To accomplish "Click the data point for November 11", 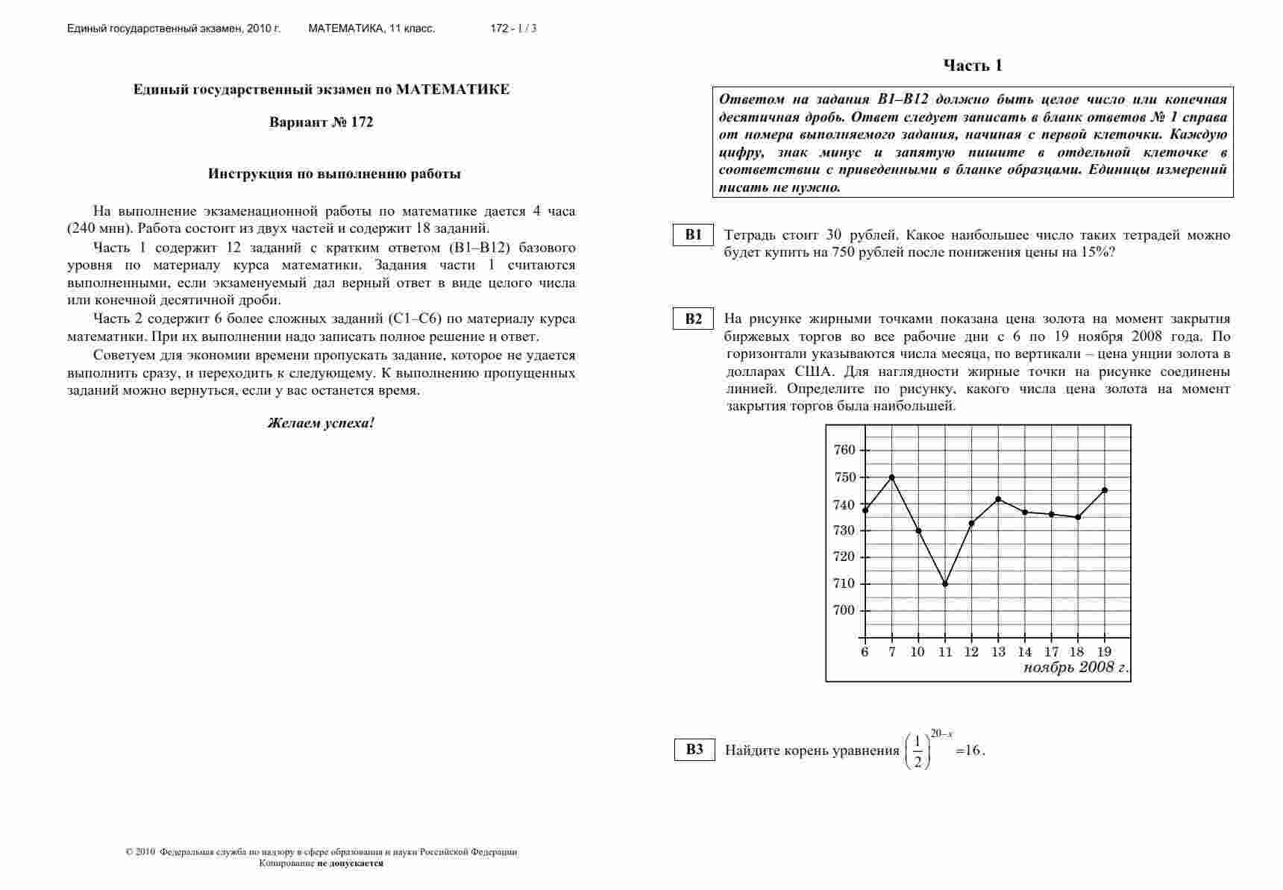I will click(x=945, y=583).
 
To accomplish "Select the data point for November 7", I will click(x=891, y=477).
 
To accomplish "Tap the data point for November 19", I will click(x=1105, y=490).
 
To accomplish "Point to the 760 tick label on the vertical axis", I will click(x=844, y=450).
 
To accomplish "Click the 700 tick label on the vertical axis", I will click(x=844, y=610).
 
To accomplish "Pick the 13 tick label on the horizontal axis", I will click(x=998, y=652).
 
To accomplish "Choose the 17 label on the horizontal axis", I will click(x=1052, y=652).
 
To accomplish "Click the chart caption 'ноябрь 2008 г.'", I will click(x=1076, y=668).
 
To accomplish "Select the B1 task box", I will click(x=694, y=235).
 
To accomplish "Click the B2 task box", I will click(x=694, y=319).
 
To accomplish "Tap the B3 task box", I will click(x=694, y=750).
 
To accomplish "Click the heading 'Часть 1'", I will click(x=973, y=66).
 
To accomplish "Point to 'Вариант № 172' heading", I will click(x=321, y=122).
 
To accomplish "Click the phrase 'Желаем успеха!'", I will click(x=321, y=423).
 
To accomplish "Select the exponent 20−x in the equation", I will click(x=941, y=734).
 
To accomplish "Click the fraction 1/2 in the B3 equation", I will click(x=917, y=751).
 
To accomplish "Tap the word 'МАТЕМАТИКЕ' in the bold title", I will click(x=453, y=90).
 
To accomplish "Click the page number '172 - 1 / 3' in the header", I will click(x=513, y=29).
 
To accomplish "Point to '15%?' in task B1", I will click(x=1098, y=252).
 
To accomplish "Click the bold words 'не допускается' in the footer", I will click(x=350, y=863).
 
